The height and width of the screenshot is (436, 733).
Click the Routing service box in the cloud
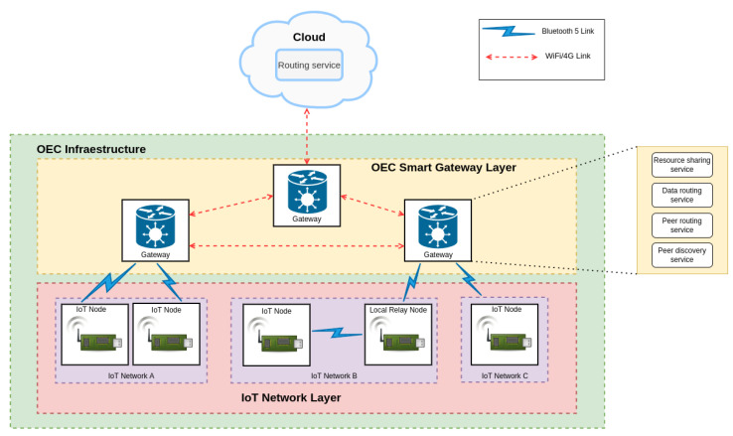[309, 66]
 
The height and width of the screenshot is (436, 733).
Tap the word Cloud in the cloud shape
[309, 38]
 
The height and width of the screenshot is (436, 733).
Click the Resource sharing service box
[680, 164]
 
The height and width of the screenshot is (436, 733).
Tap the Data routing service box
[680, 194]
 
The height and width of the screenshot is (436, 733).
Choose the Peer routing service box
[680, 223]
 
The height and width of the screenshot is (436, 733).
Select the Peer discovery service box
[680, 253]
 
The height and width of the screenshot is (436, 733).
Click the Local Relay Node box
[398, 336]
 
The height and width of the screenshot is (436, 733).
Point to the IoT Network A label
[131, 375]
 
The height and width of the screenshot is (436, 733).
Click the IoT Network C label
[504, 375]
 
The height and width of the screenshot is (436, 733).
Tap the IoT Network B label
[334, 375]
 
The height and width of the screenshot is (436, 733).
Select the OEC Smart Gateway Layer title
[443, 167]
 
